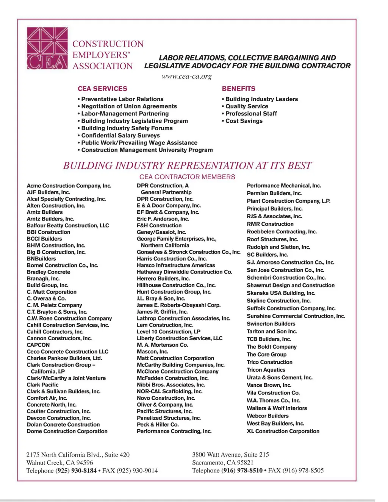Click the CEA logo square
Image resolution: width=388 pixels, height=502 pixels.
coord(47,48)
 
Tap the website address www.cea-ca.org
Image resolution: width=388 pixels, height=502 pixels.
coord(186,77)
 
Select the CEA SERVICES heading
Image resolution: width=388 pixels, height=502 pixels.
coord(102,89)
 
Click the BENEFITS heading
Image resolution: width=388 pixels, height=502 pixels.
coord(238,89)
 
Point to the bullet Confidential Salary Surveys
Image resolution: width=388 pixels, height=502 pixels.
coord(120,135)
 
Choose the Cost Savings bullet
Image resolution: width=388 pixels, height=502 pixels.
coord(244,121)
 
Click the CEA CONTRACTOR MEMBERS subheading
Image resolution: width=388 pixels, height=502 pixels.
coord(187,177)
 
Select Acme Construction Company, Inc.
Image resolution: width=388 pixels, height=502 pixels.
coord(69,186)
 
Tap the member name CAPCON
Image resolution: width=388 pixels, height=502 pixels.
coord(38,345)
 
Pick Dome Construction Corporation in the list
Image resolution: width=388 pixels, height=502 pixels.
coord(67,431)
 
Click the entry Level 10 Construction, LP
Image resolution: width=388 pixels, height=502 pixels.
coord(169,332)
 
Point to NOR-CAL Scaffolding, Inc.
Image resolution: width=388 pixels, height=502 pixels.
coord(169,391)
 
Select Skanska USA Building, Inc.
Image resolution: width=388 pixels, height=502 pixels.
coord(281,293)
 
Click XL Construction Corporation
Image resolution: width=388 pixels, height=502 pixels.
coord(283,431)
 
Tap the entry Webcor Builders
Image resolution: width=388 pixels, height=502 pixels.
coord(268,416)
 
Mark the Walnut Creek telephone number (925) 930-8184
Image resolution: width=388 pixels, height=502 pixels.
coord(76,471)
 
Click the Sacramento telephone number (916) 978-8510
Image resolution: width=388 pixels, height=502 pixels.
coord(242,471)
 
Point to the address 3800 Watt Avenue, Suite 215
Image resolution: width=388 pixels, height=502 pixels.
coord(230,455)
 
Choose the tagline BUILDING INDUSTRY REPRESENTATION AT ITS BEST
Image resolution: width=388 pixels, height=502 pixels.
coord(187,166)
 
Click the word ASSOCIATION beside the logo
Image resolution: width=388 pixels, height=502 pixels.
coord(103,66)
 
